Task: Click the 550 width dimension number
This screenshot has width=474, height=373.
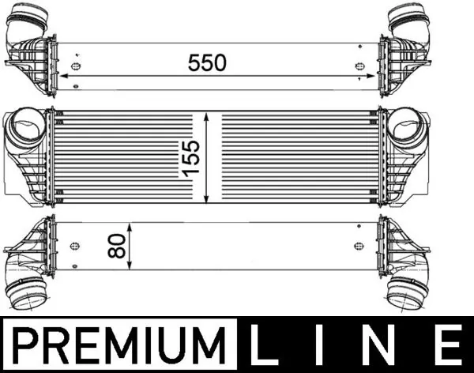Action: pyautogui.click(x=206, y=62)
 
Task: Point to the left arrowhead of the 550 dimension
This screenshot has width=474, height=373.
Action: pyautogui.click(x=64, y=77)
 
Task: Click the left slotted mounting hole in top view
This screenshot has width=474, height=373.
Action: pyautogui.click(x=77, y=66)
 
